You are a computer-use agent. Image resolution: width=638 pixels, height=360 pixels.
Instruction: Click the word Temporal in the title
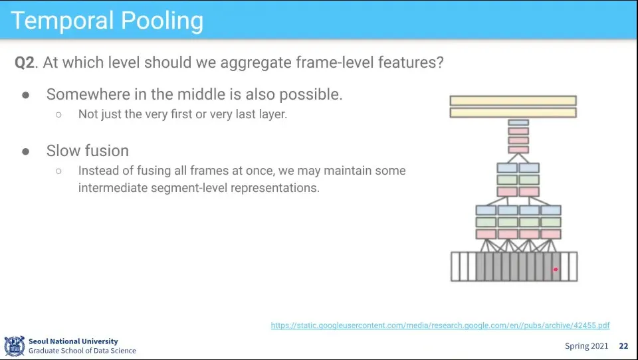[x=62, y=21]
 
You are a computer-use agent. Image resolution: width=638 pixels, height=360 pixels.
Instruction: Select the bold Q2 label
[x=25, y=62]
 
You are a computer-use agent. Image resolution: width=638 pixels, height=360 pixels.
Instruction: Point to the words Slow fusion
[x=88, y=151]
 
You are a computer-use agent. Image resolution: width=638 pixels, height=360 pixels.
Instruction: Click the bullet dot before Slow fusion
[x=26, y=151]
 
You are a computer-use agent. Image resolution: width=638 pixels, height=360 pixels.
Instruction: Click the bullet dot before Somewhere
[x=26, y=95]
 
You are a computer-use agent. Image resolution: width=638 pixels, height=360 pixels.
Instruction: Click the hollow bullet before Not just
[x=58, y=115]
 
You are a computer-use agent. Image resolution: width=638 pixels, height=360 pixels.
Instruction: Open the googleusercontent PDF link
[x=440, y=325]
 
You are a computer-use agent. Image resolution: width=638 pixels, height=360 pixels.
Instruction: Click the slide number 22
[x=623, y=346]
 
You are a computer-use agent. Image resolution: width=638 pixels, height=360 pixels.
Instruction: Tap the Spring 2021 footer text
[x=586, y=346]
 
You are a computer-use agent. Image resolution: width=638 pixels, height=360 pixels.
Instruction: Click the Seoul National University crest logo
[x=15, y=346]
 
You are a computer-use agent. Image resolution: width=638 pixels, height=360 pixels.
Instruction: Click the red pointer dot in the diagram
[x=556, y=269]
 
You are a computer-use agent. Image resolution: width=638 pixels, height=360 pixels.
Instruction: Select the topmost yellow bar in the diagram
[x=513, y=100]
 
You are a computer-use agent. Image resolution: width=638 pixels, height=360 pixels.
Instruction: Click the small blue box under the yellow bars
[x=518, y=122]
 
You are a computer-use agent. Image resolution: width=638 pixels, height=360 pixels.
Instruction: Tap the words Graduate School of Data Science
[x=82, y=351]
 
